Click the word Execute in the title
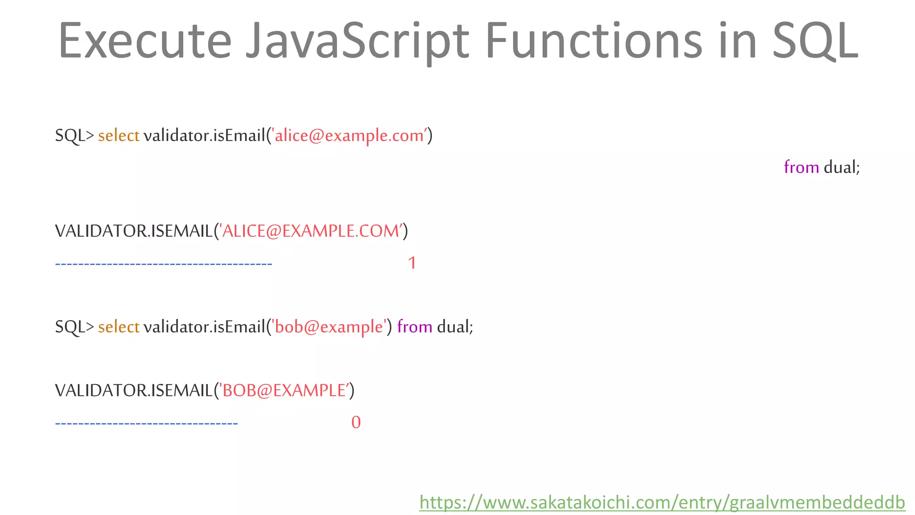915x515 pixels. coord(145,41)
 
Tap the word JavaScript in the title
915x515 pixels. coord(357,41)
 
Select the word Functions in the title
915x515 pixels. coord(594,41)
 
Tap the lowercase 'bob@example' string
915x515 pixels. coord(329,327)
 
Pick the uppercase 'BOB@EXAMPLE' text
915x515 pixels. coord(284,391)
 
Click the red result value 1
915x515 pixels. coord(412,263)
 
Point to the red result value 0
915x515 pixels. coord(356,422)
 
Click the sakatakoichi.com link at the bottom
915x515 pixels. coord(662,502)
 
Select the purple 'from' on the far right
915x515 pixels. coord(801,167)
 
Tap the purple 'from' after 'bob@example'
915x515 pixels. coord(414,327)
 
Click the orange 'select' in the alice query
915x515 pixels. coord(118,135)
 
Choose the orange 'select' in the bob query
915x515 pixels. coord(118,327)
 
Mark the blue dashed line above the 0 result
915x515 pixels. coord(147,423)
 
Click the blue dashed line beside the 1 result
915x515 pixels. coord(164,264)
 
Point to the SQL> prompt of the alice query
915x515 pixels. coord(74,135)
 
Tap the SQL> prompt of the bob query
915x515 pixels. coord(74,327)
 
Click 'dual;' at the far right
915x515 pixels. coord(842,167)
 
